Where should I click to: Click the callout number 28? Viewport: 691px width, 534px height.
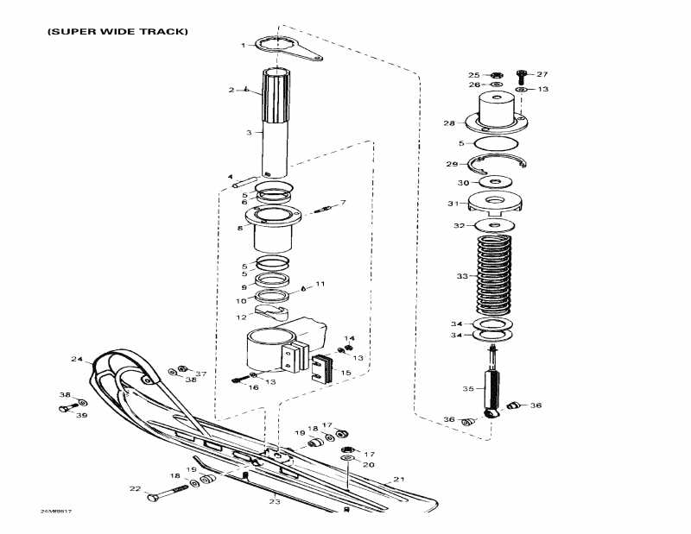click(449, 123)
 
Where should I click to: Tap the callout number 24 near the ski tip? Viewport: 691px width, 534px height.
click(76, 359)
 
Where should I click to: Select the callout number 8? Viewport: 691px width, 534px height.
click(240, 228)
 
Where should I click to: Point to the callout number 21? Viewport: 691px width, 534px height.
click(398, 479)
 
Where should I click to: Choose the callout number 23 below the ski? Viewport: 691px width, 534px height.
click(275, 500)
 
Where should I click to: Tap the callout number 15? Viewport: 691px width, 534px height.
click(347, 373)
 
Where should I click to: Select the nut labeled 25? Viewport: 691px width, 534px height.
click(498, 75)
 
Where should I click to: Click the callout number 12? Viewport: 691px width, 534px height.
click(241, 317)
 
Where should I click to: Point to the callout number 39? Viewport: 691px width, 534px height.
click(82, 415)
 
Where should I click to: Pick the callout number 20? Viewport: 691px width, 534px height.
click(368, 464)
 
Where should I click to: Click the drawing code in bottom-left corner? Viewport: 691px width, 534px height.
click(54, 512)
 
